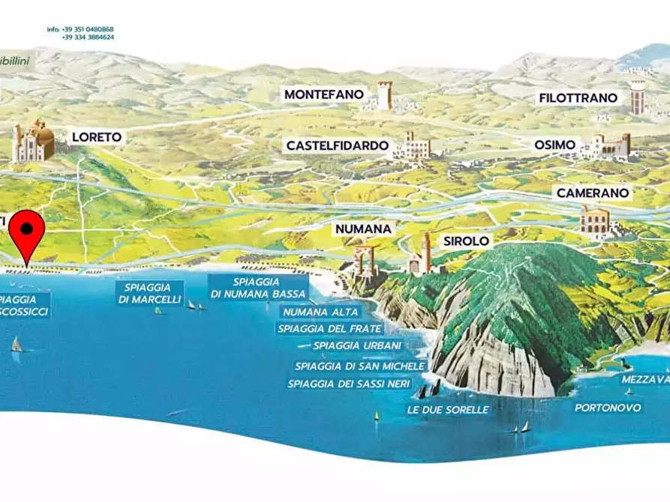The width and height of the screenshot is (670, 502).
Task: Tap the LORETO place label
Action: point(96,137)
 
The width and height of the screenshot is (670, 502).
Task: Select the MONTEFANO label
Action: point(323,95)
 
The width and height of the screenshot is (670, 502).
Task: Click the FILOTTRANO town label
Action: point(578,98)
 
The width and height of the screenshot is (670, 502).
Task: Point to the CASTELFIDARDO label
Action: point(337,145)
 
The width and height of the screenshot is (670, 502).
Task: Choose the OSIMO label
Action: point(554,145)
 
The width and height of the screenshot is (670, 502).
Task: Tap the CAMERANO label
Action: point(591,193)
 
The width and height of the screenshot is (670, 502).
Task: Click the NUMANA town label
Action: point(365,229)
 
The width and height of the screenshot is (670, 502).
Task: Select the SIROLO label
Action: point(466,241)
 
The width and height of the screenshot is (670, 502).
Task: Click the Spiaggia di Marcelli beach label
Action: point(150,293)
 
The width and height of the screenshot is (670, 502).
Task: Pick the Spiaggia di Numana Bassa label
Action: point(259,288)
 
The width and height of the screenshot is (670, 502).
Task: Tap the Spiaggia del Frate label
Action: point(329,328)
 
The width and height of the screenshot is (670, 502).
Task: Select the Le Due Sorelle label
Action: point(447,410)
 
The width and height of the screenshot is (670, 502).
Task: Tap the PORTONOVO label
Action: point(608,408)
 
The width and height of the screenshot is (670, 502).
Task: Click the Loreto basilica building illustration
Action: point(33,142)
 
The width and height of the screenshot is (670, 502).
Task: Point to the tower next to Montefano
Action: point(384,96)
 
